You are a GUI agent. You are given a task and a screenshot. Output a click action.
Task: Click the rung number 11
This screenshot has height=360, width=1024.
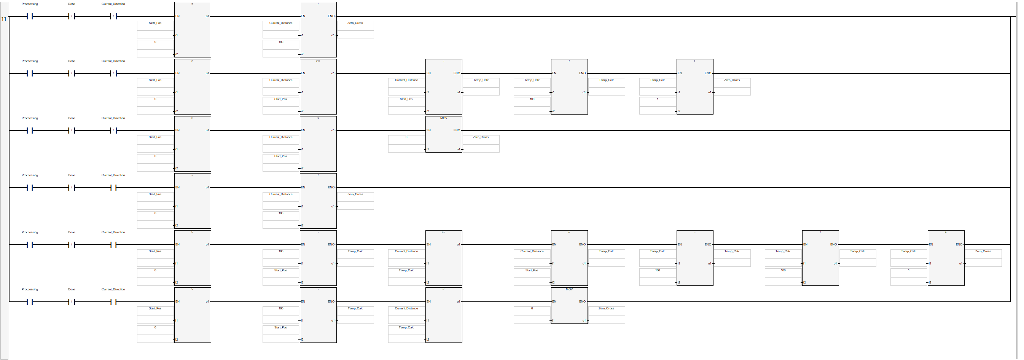pos(4,19)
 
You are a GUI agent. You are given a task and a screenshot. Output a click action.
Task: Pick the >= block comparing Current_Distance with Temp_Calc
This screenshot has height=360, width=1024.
pos(444,258)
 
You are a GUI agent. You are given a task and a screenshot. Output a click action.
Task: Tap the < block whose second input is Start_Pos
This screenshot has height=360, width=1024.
pos(318,144)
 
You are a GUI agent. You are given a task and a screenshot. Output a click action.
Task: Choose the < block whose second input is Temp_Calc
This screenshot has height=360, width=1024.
pos(444,315)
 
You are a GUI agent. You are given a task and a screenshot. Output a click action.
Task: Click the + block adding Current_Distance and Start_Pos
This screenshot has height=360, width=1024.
pos(569,258)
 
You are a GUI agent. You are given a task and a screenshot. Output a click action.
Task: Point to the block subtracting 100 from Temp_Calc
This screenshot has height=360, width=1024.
pos(695,258)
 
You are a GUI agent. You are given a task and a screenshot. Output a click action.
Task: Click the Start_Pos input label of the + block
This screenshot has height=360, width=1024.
pos(532,271)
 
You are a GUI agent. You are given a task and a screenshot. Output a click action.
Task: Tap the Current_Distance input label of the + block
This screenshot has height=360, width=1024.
pos(532,252)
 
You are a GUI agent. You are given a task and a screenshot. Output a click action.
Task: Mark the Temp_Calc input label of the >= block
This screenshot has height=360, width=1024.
pos(406,271)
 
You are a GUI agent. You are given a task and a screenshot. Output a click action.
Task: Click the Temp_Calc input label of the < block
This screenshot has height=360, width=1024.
pos(406,328)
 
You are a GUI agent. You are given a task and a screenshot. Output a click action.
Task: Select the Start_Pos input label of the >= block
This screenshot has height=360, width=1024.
pos(281,99)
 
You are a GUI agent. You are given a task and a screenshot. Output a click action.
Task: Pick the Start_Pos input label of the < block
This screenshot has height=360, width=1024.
pos(281,156)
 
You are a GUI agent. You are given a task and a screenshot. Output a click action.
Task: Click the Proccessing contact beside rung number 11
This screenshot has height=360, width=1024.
pos(29,16)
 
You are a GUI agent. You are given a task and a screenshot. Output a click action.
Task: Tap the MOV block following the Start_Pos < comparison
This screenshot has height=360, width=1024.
pos(444,134)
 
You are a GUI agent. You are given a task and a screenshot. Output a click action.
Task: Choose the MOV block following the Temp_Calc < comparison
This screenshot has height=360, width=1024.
pos(569,306)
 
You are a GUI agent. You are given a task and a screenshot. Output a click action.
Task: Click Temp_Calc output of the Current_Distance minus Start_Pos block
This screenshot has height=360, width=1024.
pos(481,80)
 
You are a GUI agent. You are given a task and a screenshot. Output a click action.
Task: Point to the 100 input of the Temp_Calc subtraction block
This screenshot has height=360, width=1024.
pos(658,271)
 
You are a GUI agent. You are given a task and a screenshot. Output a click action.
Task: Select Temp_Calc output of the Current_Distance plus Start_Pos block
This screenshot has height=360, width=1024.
pos(606,252)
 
